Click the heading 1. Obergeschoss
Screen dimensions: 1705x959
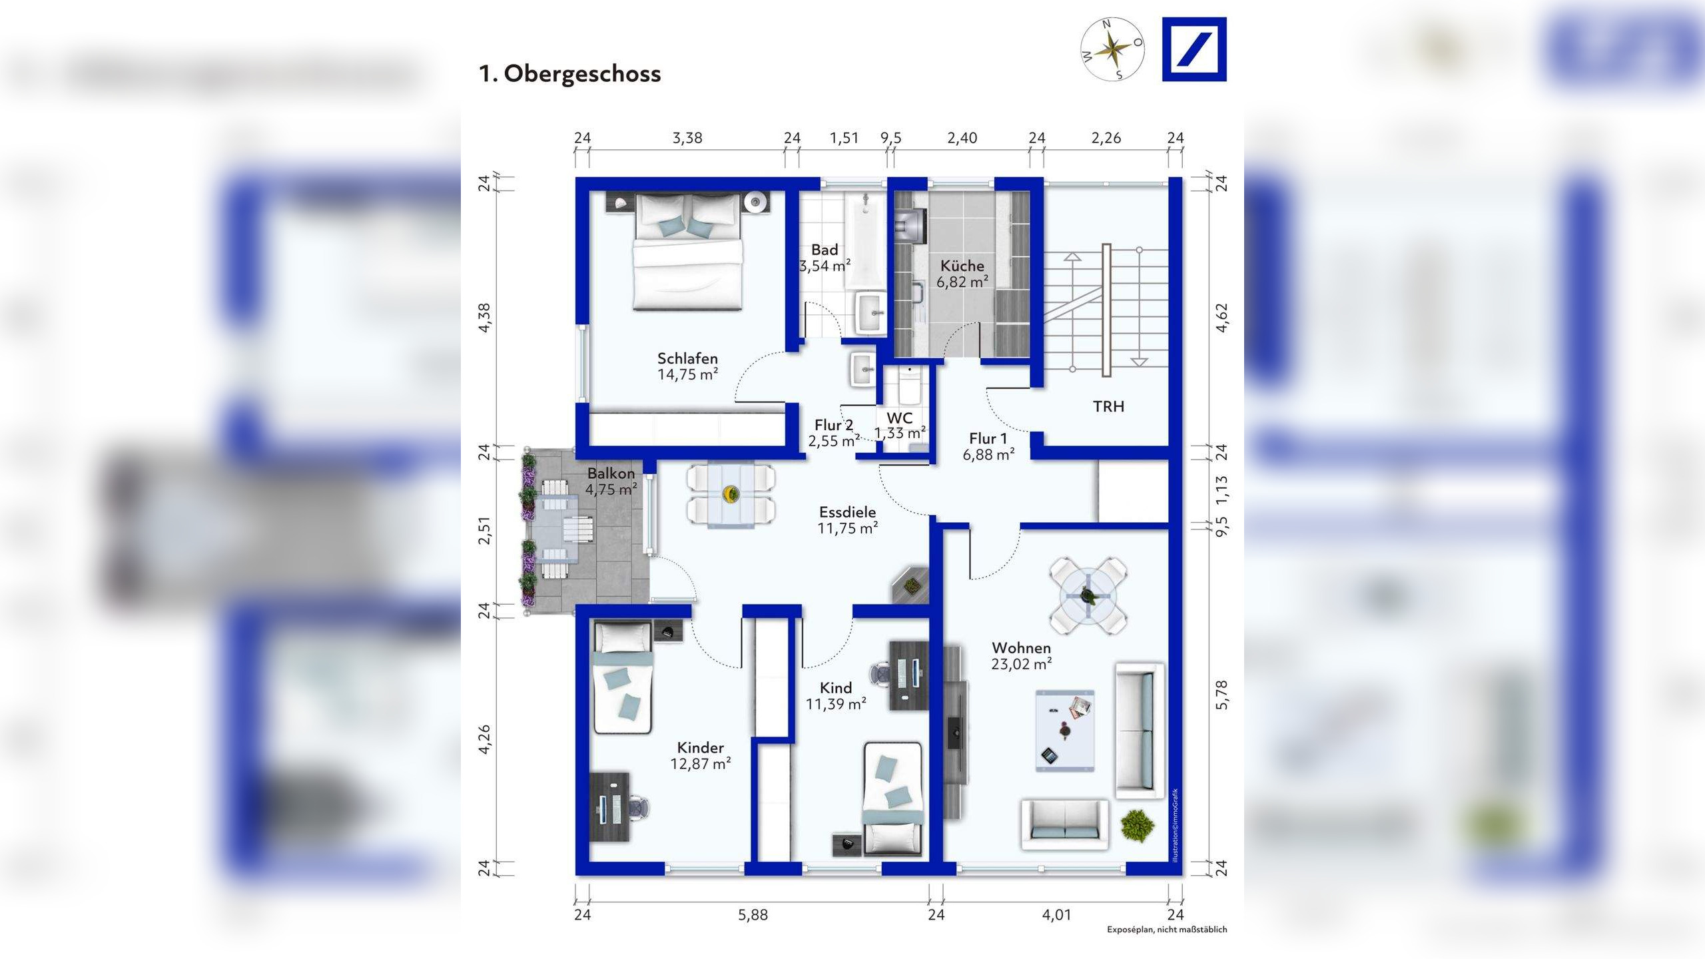pos(569,74)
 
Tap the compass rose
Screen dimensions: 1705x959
pos(1112,49)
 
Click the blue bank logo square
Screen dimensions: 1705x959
pos(1194,49)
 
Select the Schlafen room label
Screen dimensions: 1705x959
pos(687,358)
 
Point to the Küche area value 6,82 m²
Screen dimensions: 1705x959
pos(962,282)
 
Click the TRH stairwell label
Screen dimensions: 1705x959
pos(1108,406)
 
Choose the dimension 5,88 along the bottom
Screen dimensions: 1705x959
pos(753,915)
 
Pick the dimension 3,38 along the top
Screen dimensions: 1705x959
pos(687,138)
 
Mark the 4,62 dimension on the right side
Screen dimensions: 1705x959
pos(1221,318)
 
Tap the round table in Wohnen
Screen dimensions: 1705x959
pos(1088,595)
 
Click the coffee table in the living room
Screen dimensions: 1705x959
pos(1065,731)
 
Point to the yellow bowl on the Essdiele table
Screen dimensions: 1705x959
pos(731,494)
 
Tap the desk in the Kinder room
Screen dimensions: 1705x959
pos(609,808)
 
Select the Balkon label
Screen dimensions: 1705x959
pos(611,474)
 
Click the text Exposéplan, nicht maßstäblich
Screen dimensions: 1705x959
pos(1167,930)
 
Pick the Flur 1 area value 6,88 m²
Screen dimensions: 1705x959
pos(989,455)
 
